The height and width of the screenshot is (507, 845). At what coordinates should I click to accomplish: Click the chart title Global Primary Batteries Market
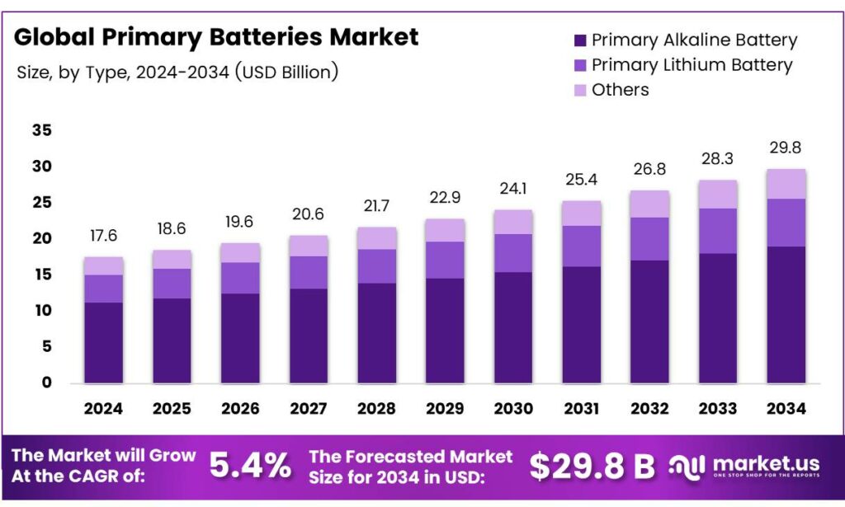[216, 37]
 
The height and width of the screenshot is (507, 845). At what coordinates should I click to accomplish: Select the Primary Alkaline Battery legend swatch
[579, 40]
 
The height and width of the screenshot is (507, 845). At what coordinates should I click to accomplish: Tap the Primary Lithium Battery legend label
[692, 65]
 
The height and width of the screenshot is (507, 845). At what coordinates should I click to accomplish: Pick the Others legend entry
[620, 90]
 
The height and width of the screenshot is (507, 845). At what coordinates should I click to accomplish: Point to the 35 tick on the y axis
[42, 130]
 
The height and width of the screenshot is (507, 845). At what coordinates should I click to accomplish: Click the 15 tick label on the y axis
[42, 275]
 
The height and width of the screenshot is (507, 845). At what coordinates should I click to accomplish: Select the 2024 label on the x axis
[103, 408]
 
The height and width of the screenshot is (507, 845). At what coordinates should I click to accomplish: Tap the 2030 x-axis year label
[512, 408]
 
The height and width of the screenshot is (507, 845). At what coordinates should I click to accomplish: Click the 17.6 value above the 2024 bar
[103, 236]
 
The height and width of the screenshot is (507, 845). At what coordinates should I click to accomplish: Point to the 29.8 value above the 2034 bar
[786, 148]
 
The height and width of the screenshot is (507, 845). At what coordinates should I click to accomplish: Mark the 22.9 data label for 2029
[445, 198]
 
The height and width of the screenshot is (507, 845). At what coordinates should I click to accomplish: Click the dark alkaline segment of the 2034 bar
[786, 314]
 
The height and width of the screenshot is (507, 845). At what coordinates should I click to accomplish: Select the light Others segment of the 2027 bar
[309, 246]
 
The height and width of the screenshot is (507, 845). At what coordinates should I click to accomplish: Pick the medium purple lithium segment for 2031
[581, 246]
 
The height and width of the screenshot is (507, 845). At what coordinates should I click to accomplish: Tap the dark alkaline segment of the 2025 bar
[172, 340]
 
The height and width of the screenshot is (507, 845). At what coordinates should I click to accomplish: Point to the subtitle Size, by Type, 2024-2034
[177, 72]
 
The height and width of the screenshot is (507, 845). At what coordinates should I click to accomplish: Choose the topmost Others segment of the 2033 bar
[717, 194]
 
